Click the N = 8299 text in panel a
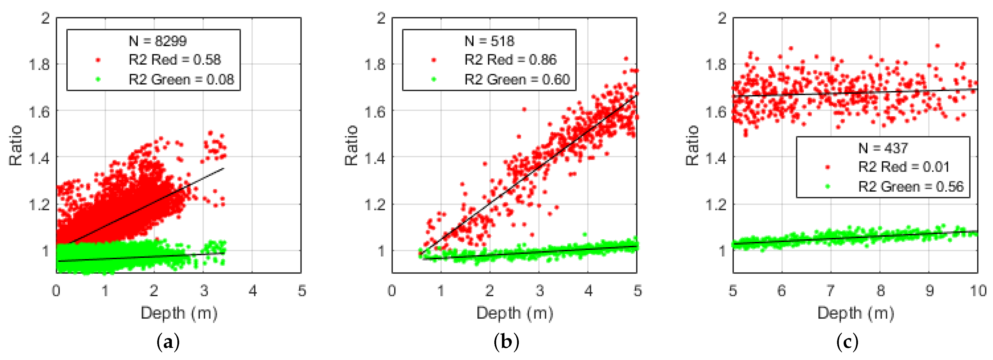158,41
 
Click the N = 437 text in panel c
883,148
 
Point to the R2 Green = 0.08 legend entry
181,80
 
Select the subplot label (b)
506,342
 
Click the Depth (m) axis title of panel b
515,313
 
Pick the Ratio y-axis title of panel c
692,145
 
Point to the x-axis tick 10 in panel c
978,291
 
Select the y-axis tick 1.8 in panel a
40,65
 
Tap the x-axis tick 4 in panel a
253,291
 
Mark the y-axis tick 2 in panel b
381,18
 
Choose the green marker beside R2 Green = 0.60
434,80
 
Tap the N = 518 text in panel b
489,41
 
